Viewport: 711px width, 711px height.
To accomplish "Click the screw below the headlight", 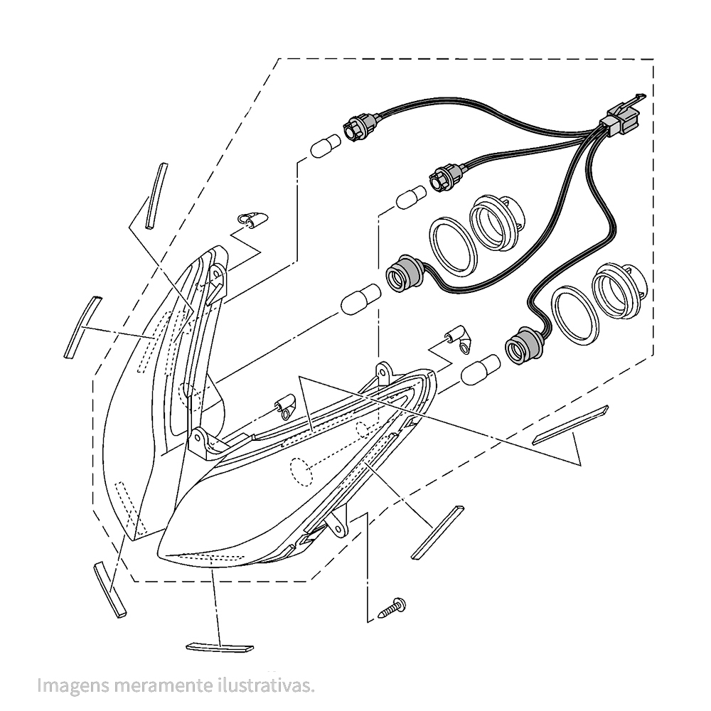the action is tap(392, 607).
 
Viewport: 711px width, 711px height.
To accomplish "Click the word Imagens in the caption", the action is tap(73, 685).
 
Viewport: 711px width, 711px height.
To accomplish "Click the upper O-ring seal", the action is tap(453, 246).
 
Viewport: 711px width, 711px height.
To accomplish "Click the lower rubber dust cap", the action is tap(618, 290).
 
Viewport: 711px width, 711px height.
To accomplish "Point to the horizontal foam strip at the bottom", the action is tap(220, 647).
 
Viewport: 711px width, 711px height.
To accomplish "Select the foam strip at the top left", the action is tap(156, 196).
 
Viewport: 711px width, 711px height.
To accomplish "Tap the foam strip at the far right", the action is tap(570, 425).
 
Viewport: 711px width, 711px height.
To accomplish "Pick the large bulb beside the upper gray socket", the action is tap(361, 298).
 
